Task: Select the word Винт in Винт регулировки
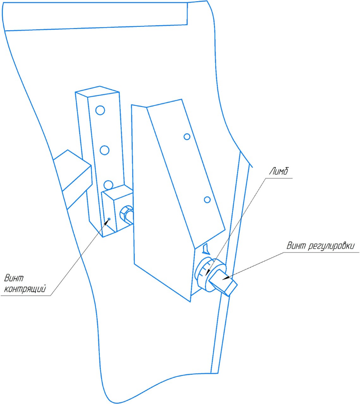pyautogui.click(x=297, y=246)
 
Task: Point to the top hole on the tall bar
pyautogui.click(x=100, y=110)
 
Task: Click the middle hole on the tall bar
pyautogui.click(x=105, y=150)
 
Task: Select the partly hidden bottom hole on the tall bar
pyautogui.click(x=108, y=185)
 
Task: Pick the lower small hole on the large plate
pyautogui.click(x=207, y=199)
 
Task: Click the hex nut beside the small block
pyautogui.click(x=125, y=214)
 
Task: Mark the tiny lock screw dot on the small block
pyautogui.click(x=109, y=218)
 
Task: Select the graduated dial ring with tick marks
pyautogui.click(x=204, y=272)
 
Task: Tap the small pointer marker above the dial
pyautogui.click(x=205, y=250)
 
